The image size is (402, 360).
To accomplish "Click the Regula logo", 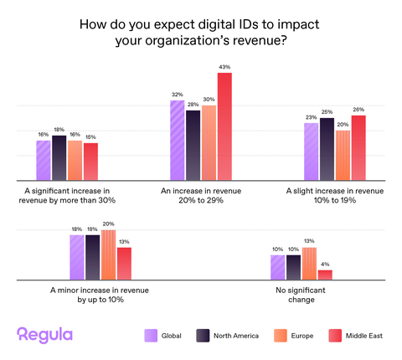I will tap(45, 335).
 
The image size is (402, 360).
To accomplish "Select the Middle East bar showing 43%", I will tap(224, 126).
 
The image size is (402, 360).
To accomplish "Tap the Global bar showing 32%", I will tap(177, 140).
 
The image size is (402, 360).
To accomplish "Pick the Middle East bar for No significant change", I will tap(325, 275).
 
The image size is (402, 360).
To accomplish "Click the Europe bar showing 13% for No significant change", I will tap(309, 264).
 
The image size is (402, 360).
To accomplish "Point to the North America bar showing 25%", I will tap(327, 149).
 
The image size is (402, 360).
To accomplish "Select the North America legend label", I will tap(236, 336).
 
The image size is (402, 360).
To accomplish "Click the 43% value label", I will tap(224, 67).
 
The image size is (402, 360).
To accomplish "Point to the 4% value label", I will tap(325, 265).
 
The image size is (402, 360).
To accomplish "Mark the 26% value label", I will tap(358, 110).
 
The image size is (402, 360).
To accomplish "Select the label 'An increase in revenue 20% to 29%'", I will tap(200, 196).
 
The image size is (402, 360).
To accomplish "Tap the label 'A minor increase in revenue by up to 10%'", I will tap(100, 294).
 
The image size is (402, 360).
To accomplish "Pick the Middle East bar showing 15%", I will tap(90, 162).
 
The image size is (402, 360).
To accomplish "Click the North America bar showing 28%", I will tap(193, 145).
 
